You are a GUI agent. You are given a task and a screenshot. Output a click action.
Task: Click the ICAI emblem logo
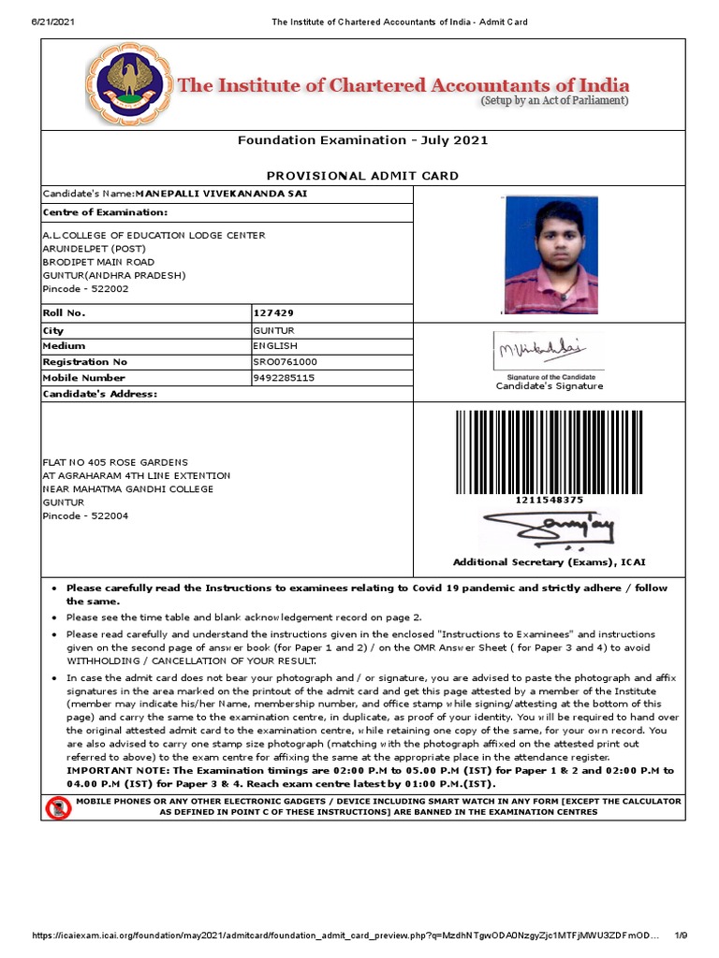(x=129, y=84)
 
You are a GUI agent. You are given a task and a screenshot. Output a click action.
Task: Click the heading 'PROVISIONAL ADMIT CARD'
(x=362, y=176)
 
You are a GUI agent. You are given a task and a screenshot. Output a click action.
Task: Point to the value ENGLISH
(x=275, y=346)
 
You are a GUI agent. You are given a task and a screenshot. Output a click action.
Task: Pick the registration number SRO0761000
(x=286, y=362)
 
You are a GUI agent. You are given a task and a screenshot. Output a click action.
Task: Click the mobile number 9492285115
(x=284, y=378)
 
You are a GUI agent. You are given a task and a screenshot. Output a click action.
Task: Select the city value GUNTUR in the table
(x=274, y=331)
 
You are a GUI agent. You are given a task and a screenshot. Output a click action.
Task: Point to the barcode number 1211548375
(x=549, y=501)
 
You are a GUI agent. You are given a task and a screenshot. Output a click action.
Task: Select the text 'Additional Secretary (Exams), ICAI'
(x=549, y=562)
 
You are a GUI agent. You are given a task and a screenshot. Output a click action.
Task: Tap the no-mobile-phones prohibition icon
(x=58, y=807)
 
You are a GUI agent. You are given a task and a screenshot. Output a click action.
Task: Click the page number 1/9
(x=681, y=936)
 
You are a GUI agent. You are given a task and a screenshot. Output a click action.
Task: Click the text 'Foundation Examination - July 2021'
(x=362, y=140)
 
